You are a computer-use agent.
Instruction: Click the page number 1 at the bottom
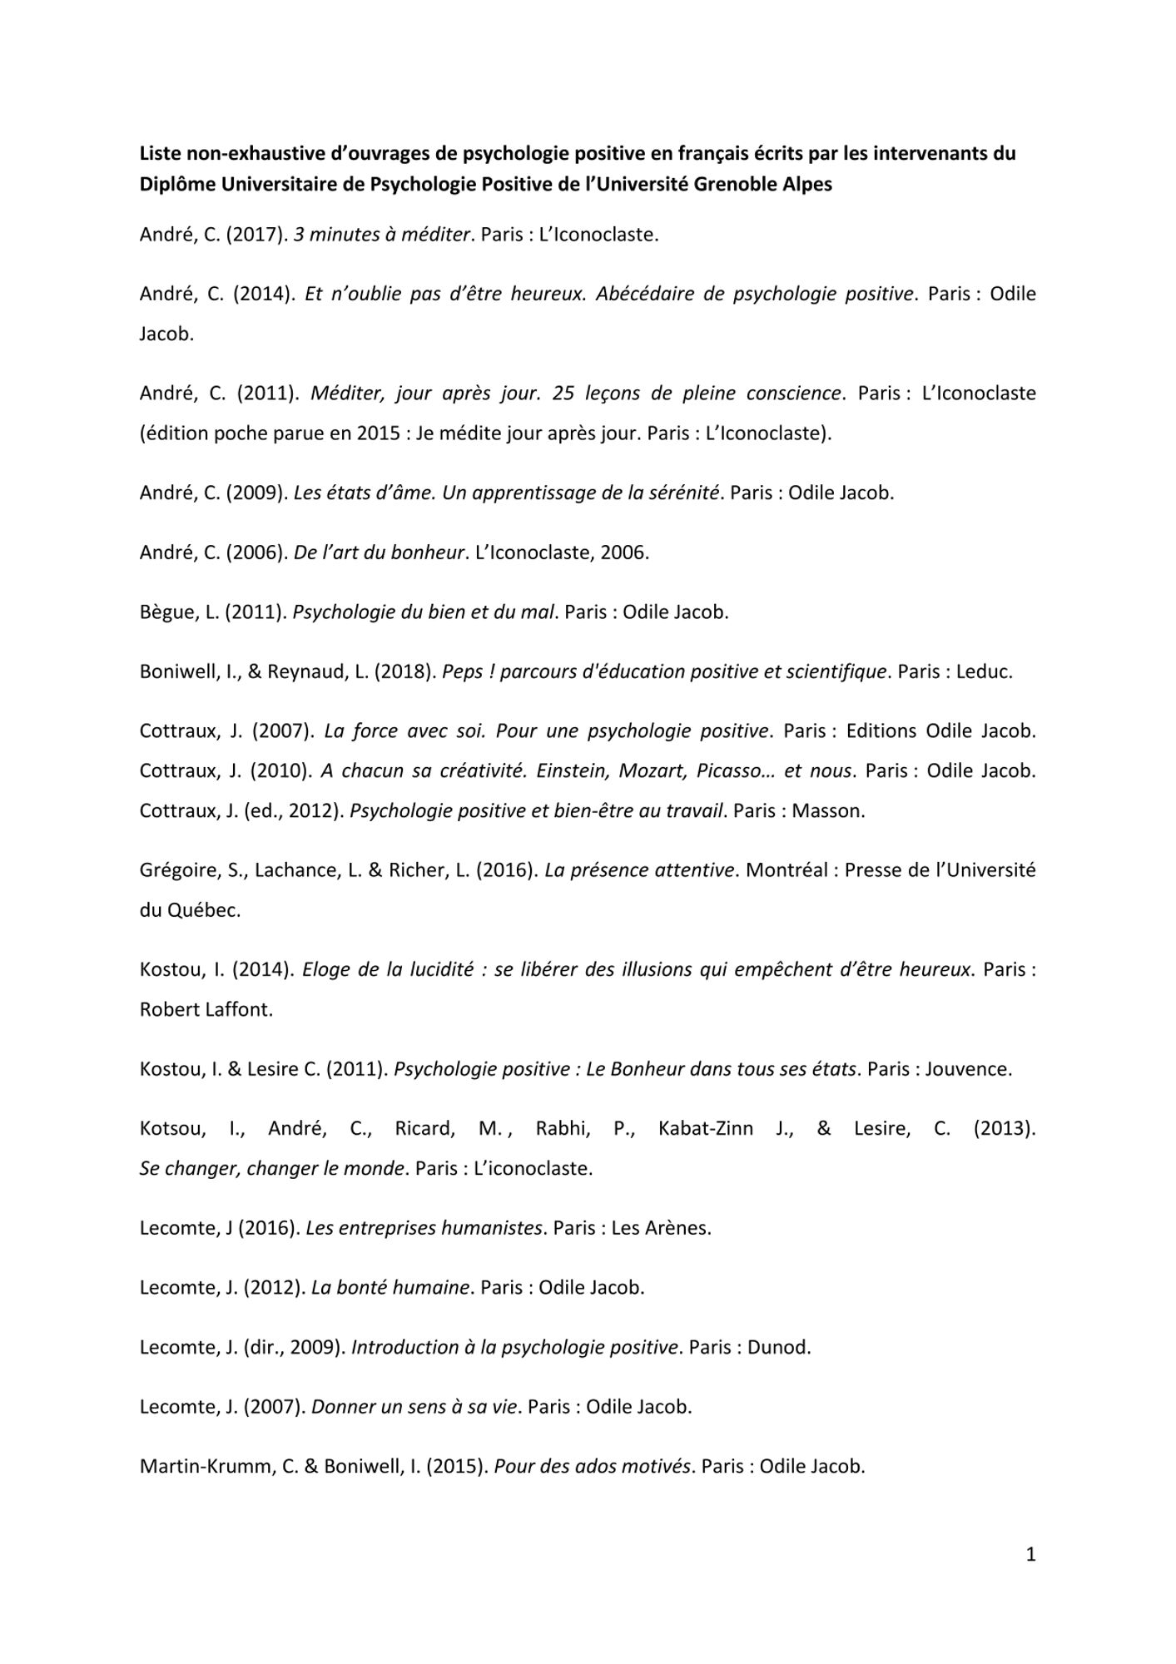click(1030, 1554)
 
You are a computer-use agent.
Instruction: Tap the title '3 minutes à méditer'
click(382, 235)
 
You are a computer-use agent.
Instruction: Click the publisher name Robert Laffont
click(206, 1009)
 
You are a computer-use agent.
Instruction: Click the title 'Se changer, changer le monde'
click(272, 1168)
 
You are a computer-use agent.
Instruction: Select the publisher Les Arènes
click(661, 1228)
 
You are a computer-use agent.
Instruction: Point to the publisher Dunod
click(778, 1347)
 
